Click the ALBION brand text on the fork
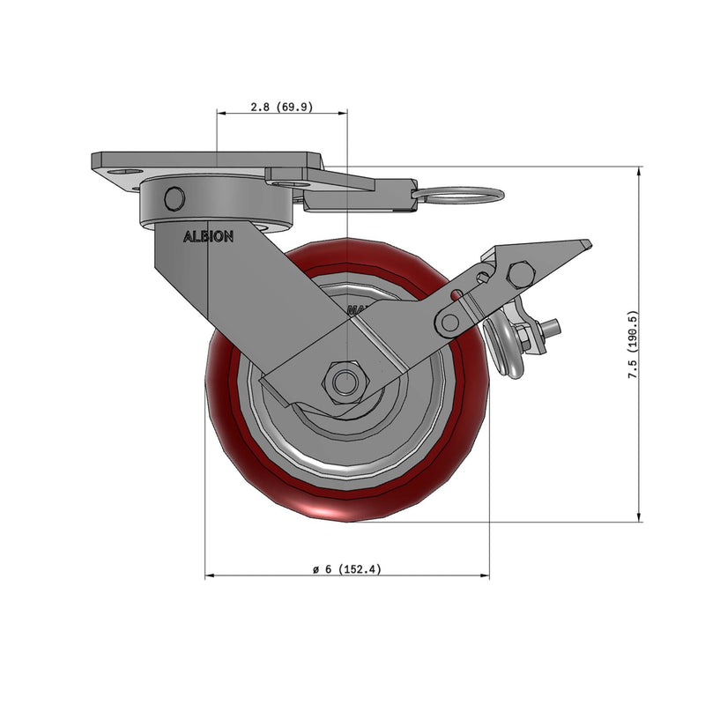pos(208,236)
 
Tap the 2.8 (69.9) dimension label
pos(281,107)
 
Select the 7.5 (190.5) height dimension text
pos(633,345)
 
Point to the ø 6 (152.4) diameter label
pos(347,569)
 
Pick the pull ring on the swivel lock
pos(458,195)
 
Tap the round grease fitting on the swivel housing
pos(174,198)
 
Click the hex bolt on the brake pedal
pos(521,274)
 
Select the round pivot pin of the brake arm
pos(449,322)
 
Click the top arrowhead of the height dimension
pos(639,170)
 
